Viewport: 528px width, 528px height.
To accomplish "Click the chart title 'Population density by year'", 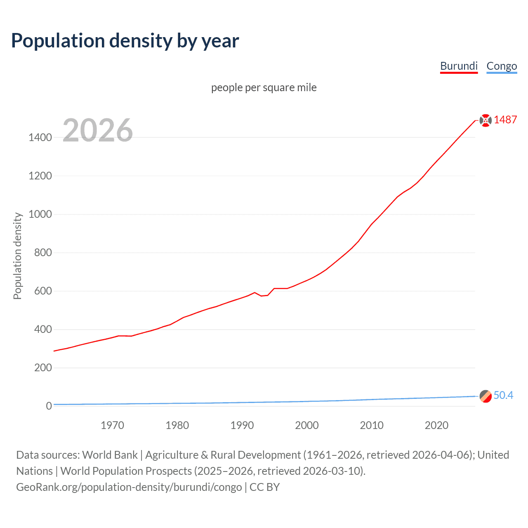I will point(125,41).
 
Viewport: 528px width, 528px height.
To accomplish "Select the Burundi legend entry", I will point(459,66).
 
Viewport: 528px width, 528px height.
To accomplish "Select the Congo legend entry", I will point(502,66).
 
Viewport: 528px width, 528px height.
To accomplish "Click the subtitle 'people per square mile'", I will point(264,87).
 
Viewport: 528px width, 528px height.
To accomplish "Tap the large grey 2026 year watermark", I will point(98,130).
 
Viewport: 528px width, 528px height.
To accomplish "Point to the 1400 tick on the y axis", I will point(40,137).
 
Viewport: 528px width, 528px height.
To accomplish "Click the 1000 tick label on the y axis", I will point(40,214).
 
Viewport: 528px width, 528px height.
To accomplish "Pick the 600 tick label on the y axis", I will point(43,291).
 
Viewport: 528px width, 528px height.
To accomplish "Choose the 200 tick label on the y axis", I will point(43,368).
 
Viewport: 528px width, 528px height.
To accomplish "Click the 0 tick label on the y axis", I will point(49,406).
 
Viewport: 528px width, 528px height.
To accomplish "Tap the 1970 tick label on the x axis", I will point(112,425).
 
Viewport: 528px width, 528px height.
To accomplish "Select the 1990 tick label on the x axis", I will point(242,425).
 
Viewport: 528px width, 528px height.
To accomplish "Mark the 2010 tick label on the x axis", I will point(372,425).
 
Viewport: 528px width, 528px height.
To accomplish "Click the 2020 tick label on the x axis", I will point(436,425).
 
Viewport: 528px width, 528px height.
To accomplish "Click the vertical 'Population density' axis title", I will point(17,256).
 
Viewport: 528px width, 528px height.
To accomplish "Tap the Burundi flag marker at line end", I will point(486,120).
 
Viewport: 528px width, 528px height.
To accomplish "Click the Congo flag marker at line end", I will point(486,396).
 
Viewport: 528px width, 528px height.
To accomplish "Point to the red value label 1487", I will point(505,120).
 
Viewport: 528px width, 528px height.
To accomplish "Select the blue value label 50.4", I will point(503,395).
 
